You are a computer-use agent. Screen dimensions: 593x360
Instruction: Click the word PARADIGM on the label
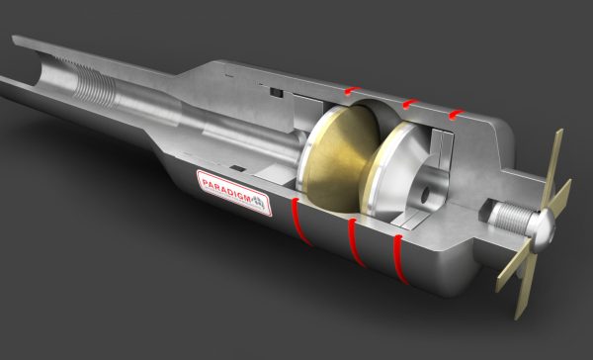(226, 188)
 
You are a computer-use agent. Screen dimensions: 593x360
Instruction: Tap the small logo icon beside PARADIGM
(258, 203)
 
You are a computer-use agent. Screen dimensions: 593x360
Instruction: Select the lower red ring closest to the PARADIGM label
(300, 222)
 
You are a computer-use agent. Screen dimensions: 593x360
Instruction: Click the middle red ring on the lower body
(356, 242)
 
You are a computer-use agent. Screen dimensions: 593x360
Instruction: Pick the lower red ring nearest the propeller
(400, 259)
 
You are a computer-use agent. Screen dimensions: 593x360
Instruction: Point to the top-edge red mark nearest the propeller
(456, 114)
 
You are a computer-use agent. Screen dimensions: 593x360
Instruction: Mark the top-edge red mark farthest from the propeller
(353, 91)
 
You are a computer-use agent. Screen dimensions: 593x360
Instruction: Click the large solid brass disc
(340, 155)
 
